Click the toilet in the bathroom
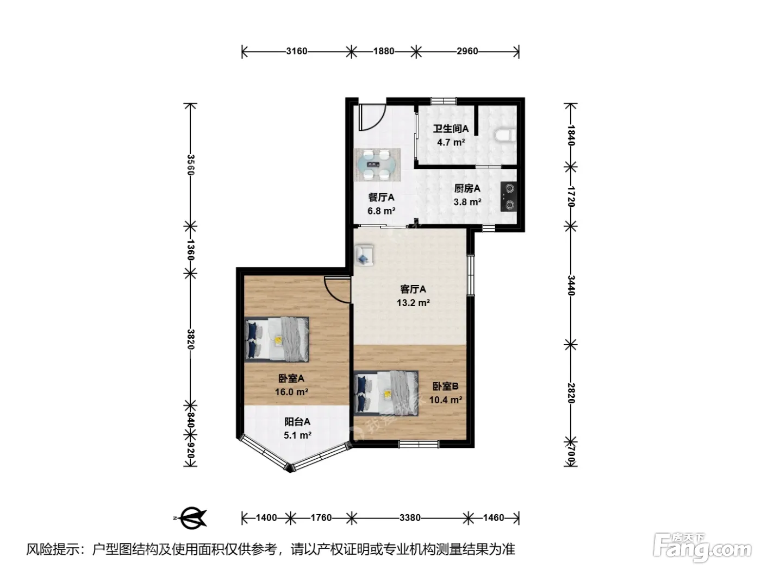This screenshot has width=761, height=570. (505, 135)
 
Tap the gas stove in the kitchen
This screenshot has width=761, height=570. (509, 197)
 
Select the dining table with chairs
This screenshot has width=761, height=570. (377, 164)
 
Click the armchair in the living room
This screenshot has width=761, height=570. (364, 255)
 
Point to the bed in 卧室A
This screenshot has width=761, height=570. (277, 339)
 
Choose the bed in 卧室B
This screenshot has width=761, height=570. (386, 394)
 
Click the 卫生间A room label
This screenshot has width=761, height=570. (451, 129)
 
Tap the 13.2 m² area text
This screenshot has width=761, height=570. (413, 303)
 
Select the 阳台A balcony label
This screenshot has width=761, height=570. (297, 422)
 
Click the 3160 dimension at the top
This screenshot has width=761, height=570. (297, 51)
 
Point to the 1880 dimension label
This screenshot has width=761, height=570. (384, 51)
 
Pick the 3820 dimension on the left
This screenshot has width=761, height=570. (190, 339)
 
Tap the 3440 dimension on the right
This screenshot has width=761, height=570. (571, 286)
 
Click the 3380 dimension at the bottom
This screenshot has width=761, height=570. (410, 518)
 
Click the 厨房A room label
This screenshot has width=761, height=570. (467, 188)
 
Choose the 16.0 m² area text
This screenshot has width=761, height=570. (291, 392)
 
